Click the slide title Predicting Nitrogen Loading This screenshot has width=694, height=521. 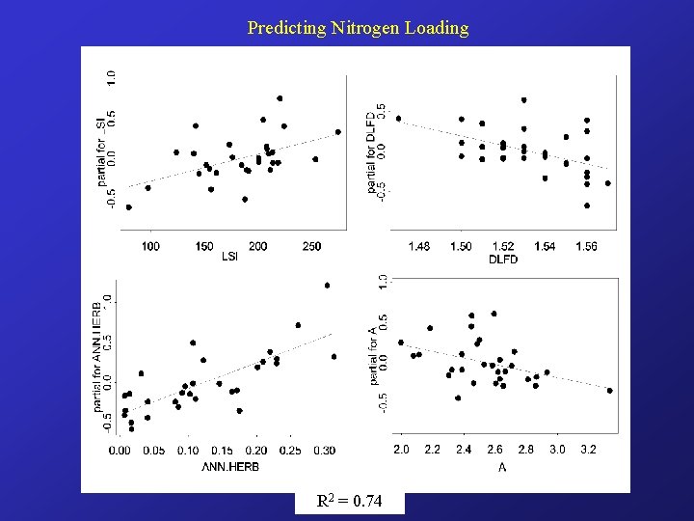tap(358, 28)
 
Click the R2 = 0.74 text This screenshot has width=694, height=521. tap(349, 502)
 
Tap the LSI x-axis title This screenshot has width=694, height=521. tap(230, 256)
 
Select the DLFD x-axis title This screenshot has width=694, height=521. tap(503, 259)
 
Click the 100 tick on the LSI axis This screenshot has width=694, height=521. tap(150, 247)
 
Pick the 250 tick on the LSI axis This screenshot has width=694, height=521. tap(310, 247)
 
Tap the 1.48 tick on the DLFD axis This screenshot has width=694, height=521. tap(419, 247)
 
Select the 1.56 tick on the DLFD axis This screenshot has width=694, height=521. tap(586, 247)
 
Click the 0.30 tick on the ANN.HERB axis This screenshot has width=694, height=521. tap(324, 451)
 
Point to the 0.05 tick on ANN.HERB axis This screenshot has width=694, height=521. tap(153, 451)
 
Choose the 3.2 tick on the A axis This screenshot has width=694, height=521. tap(588, 450)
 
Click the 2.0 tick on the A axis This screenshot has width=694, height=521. tap(401, 450)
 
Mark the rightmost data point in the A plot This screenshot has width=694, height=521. tap(610, 390)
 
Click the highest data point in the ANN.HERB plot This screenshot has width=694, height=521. tap(327, 286)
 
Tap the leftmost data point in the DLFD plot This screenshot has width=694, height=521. tap(398, 119)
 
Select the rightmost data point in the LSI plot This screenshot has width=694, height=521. tap(338, 132)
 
